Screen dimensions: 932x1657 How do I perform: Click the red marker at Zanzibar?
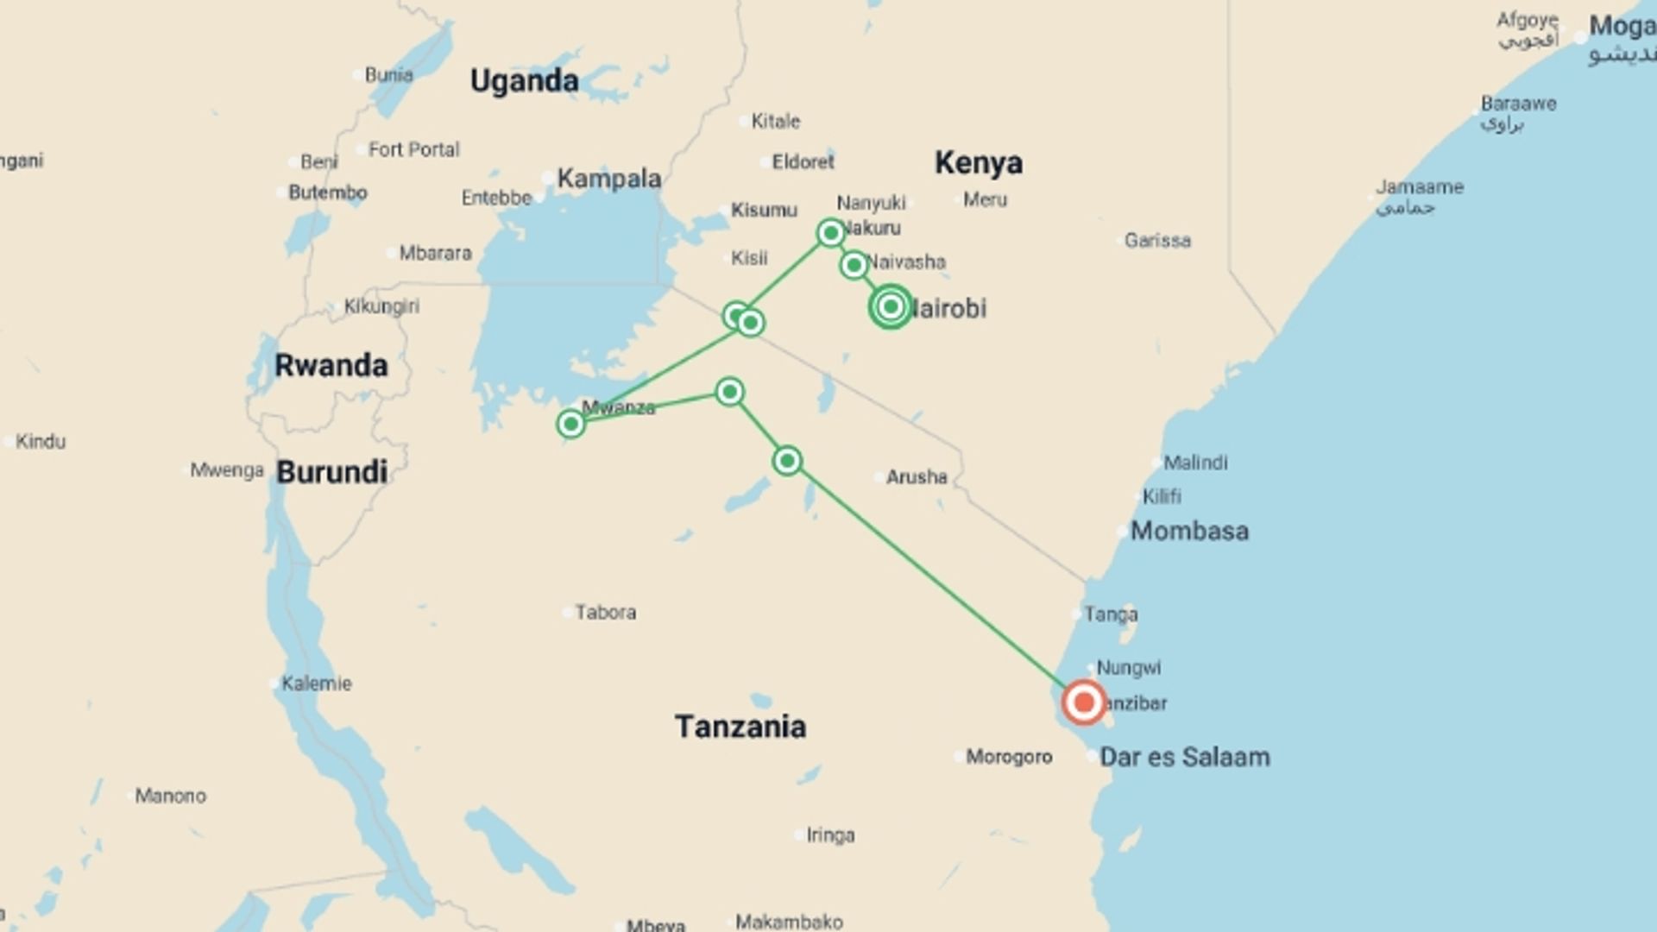1084,702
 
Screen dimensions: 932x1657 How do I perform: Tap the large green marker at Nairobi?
891,306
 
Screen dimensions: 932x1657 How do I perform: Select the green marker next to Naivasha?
854,265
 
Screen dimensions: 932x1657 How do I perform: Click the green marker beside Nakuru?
830,233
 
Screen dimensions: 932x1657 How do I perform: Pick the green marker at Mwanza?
570,424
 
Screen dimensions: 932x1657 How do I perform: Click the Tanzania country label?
740,727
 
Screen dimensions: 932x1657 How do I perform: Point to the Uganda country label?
524,81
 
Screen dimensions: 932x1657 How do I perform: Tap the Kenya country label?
979,162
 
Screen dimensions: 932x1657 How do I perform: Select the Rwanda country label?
331,365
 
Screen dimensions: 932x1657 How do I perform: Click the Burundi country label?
331,472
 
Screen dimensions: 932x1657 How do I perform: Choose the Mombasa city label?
1189,531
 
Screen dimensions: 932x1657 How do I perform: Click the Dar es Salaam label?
1184,757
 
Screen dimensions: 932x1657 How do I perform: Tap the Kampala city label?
608,179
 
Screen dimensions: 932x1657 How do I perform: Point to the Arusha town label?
916,476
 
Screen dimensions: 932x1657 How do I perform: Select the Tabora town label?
605,612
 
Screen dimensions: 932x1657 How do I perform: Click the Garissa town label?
1156,240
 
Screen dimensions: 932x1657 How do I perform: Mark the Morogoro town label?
1008,757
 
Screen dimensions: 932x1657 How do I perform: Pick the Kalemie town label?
316,683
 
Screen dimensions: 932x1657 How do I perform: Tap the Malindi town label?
1194,463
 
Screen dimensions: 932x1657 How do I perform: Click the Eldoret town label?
803,161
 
